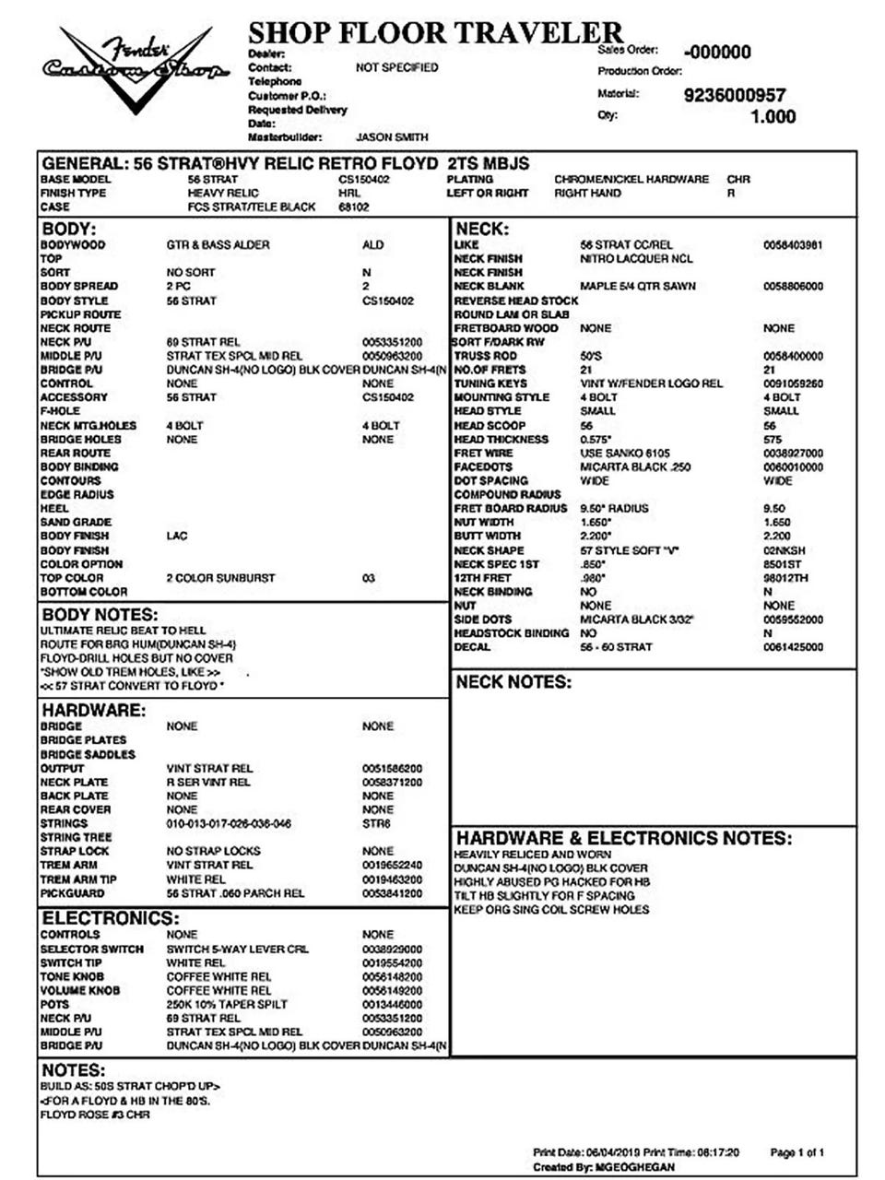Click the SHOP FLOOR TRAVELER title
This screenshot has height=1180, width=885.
[435, 33]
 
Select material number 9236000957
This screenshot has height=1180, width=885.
[735, 95]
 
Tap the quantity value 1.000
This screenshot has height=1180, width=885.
[773, 117]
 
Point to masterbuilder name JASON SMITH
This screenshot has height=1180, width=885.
[392, 137]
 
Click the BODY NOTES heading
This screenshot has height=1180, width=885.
[100, 615]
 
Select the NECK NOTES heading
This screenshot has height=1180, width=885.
[513, 682]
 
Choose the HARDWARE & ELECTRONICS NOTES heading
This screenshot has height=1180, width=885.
[624, 838]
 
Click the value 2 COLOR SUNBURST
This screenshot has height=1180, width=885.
[220, 578]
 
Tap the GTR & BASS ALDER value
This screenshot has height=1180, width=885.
[214, 245]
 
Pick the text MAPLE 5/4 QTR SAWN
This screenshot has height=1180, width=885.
[638, 287]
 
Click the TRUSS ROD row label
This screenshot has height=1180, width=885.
[486, 356]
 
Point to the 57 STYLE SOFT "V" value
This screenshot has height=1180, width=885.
[630, 550]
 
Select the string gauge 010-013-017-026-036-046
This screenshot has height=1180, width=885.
[229, 823]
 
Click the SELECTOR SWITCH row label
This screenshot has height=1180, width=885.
[92, 949]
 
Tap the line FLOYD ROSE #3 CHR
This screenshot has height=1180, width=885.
[95, 1115]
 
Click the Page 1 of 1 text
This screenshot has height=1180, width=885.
[796, 1152]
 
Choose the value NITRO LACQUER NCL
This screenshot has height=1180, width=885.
[636, 259]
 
